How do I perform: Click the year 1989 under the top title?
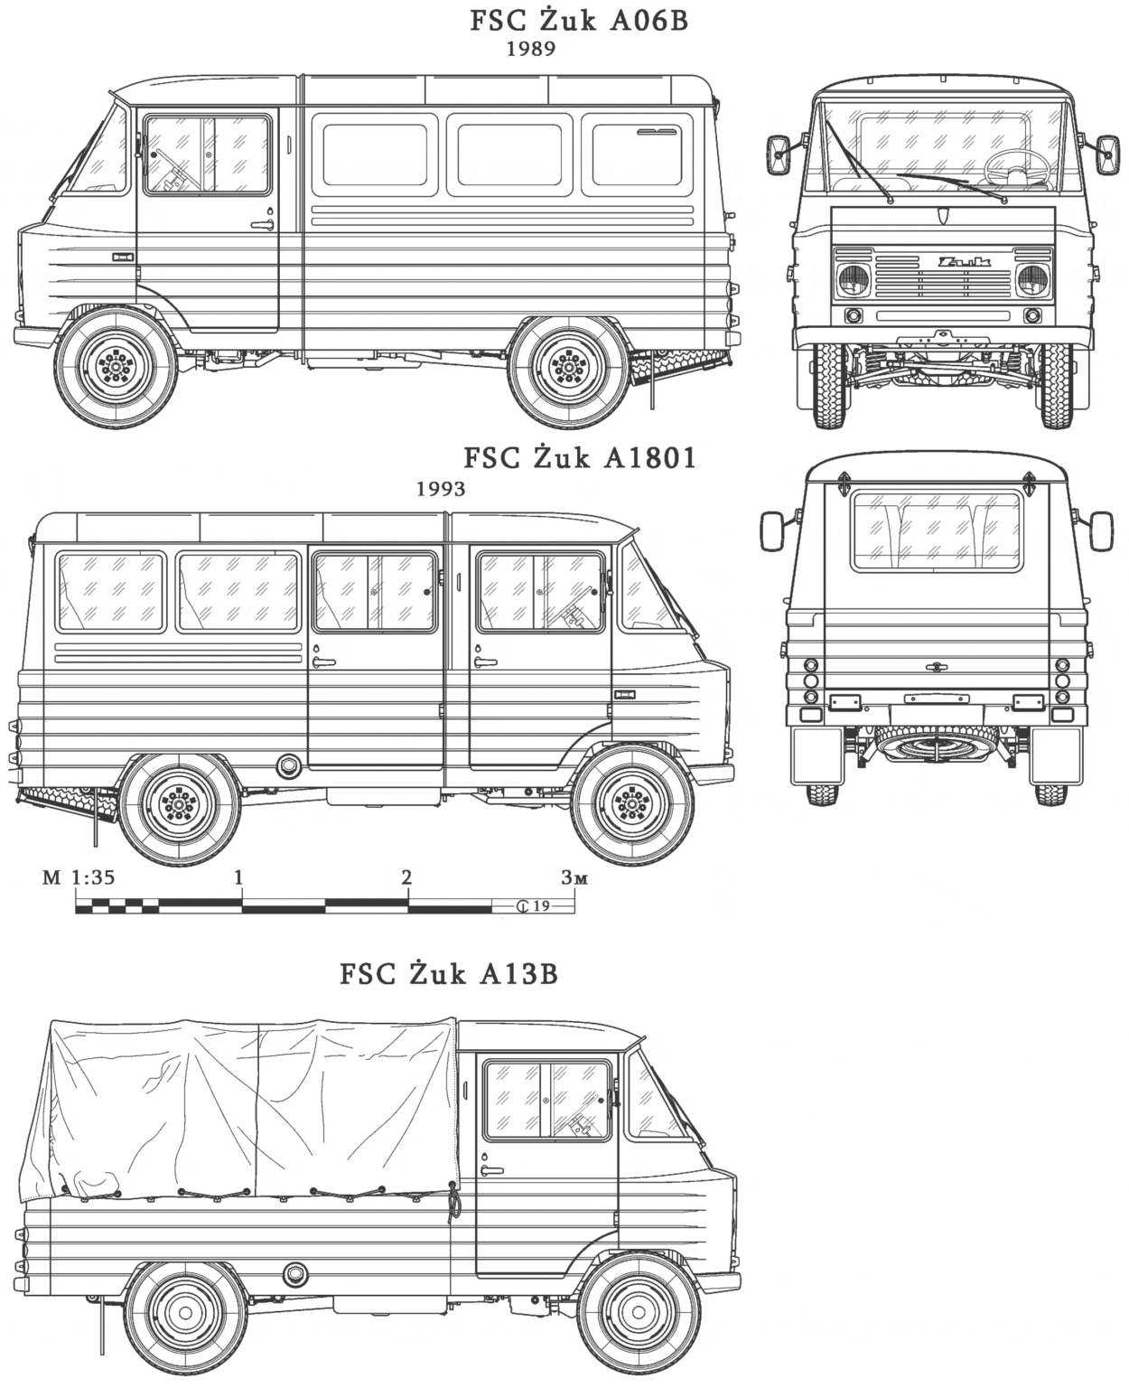(530, 50)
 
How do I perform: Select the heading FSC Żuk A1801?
(580, 458)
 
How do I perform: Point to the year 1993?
(441, 489)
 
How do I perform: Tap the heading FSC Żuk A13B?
(449, 974)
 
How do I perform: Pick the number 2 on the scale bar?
(407, 877)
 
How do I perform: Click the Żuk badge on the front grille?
(963, 263)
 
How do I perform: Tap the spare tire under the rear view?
(936, 745)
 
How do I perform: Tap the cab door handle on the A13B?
(492, 1171)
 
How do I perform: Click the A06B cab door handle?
(265, 224)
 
